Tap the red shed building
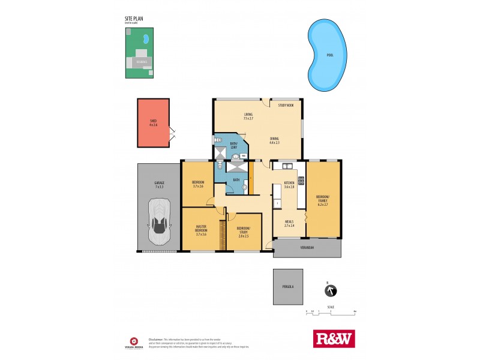click(x=153, y=123)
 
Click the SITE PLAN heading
click(x=134, y=19)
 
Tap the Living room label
click(x=248, y=114)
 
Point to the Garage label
click(x=160, y=182)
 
